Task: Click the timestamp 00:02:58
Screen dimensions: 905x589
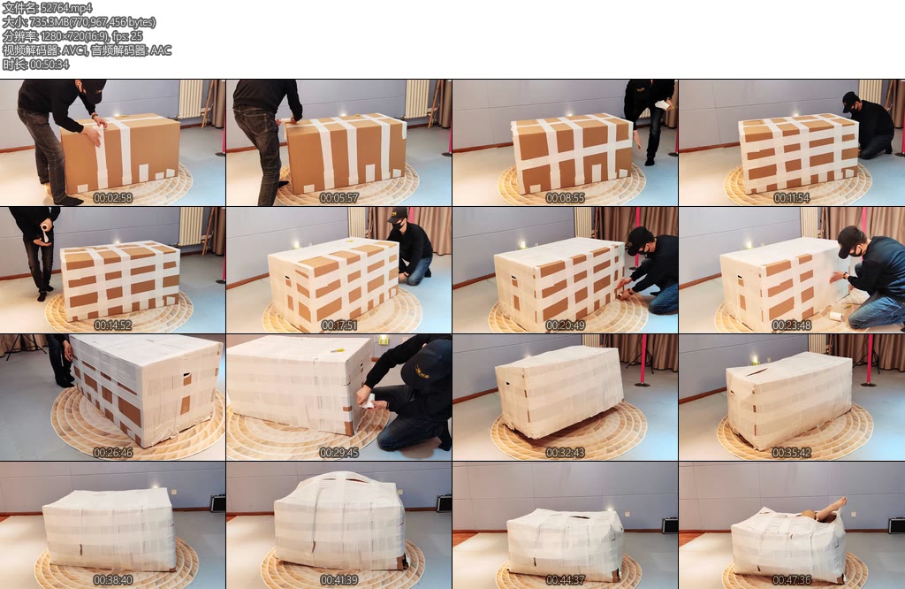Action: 112,197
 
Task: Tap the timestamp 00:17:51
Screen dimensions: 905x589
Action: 338,325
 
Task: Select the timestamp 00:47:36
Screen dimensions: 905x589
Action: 791,580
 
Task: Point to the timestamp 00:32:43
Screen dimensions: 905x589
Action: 565,453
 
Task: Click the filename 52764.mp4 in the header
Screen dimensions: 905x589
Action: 66,8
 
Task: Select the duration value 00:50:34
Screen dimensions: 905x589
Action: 49,65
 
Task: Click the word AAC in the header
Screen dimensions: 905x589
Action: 161,50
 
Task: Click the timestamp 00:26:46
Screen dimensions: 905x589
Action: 112,453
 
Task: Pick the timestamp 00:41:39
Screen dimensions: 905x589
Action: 338,580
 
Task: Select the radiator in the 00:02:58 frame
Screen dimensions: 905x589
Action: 190,98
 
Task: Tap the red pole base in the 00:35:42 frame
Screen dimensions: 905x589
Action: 869,383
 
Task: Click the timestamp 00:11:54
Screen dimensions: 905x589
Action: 791,197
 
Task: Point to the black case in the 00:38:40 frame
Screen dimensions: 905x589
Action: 217,503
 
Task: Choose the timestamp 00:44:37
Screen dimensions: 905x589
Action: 565,580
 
